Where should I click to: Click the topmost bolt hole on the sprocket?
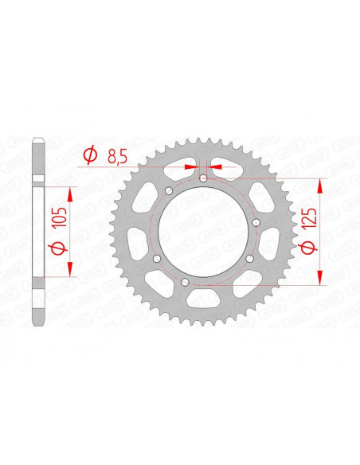point(203,179)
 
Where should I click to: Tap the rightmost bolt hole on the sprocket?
point(254,225)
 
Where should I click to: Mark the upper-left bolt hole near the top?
point(170,190)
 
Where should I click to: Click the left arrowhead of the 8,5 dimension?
point(193,168)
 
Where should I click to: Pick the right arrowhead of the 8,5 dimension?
point(214,168)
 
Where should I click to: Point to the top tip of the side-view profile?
point(37,141)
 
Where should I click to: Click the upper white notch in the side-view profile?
point(37,178)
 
